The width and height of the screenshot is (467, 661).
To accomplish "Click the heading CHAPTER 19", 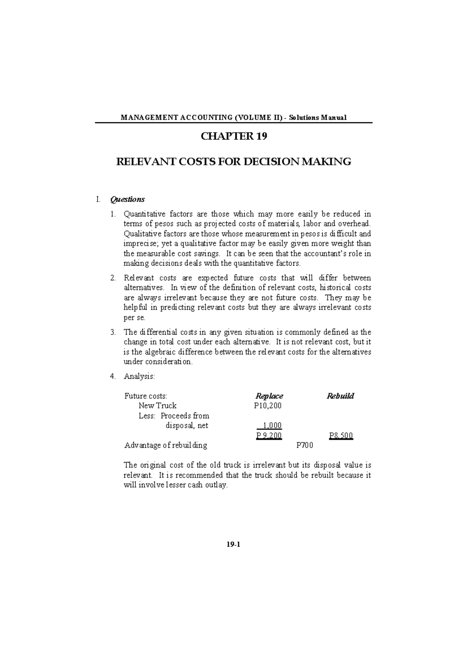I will point(234,137).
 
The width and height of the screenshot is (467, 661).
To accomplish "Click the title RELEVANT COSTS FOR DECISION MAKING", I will point(234,162).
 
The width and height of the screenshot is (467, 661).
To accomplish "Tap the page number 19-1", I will point(234,545).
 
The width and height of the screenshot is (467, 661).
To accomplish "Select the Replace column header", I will point(269,396).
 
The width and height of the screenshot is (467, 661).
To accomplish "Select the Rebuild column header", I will point(340,396).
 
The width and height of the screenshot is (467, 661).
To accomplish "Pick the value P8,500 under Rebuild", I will point(341,436).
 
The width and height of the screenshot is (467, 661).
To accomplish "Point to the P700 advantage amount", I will point(304,445).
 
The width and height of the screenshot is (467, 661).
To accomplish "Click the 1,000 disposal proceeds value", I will point(272,425).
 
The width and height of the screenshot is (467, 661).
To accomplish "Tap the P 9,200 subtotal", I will point(269,436).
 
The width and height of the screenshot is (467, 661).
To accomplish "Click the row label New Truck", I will point(158,406).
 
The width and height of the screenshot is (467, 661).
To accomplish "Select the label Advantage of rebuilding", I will point(165,445).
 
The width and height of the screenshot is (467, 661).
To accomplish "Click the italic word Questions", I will point(127,199).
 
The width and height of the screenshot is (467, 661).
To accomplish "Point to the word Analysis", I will point(139,376).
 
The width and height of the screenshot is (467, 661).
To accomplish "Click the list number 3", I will point(112,332).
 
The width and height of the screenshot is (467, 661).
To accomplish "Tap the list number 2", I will point(112,278).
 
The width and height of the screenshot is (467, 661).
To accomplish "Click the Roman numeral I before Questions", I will point(98,199).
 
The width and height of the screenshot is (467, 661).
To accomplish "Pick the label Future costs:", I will point(146,396).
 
